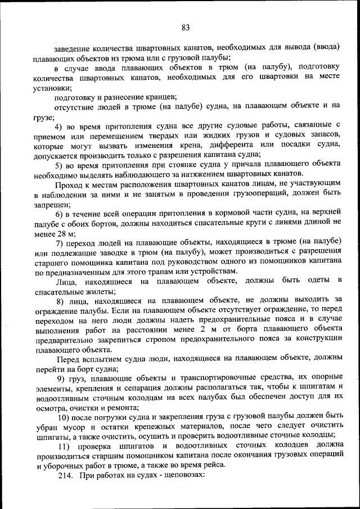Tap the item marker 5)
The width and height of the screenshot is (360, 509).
(61, 164)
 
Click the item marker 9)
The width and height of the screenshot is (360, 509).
(61, 378)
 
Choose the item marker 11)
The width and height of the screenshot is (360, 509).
(64, 446)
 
